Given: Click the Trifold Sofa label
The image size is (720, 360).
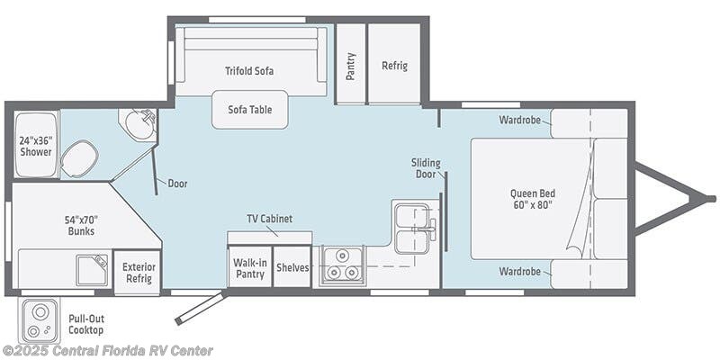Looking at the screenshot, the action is click(x=249, y=71).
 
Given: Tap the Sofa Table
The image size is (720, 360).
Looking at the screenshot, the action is click(x=250, y=109).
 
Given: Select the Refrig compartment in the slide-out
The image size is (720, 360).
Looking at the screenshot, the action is click(x=394, y=63).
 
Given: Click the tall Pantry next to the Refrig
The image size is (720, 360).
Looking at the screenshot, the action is click(x=351, y=63).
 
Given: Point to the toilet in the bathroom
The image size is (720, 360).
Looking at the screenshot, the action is click(x=79, y=158).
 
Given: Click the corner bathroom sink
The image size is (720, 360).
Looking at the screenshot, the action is click(x=139, y=124).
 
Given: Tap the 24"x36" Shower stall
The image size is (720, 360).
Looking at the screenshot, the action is click(x=36, y=144).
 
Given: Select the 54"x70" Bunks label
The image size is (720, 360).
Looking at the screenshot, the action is click(x=81, y=225).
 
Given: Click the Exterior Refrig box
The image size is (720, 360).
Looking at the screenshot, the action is click(x=139, y=273).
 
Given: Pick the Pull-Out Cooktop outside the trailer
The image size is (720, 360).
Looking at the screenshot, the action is click(x=40, y=319).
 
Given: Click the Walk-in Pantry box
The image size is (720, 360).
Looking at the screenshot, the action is click(x=249, y=266).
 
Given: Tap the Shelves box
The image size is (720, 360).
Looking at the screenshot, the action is click(x=292, y=266).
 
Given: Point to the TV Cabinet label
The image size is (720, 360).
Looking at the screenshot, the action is click(x=269, y=219).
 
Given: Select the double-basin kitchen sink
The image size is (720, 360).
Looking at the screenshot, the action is click(x=412, y=229).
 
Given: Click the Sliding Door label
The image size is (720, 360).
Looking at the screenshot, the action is click(x=426, y=168).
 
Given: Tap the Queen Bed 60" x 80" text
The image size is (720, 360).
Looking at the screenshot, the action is click(x=533, y=199).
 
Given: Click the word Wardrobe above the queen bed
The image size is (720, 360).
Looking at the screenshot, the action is click(x=520, y=121).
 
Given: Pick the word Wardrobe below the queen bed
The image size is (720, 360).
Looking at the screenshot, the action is click(x=520, y=272).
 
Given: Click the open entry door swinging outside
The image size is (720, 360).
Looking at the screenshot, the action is click(x=201, y=308).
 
